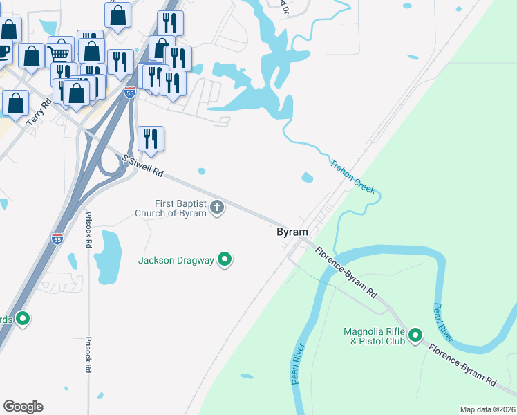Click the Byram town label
click(292, 233)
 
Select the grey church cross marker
click(217, 207)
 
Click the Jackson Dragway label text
click(176, 261)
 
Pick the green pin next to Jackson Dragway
click(225, 260)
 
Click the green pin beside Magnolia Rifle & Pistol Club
click(415, 336)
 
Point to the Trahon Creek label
click(352, 176)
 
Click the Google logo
click(23, 407)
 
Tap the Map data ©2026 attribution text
click(487, 409)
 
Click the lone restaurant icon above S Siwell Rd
click(151, 138)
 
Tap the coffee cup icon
click(3, 51)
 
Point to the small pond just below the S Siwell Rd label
click(201, 171)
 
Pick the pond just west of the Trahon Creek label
click(307, 178)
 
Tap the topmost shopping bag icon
click(119, 14)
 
